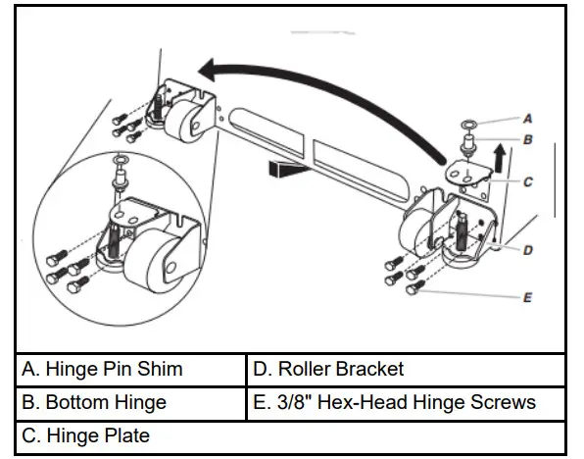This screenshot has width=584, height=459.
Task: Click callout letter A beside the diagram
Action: coord(528,117)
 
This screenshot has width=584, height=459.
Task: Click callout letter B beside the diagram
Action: coord(528,140)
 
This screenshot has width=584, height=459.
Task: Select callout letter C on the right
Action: coord(528,181)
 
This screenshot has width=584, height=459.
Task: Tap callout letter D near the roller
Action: coord(528,250)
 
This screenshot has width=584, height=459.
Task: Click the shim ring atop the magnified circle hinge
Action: coord(120,159)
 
